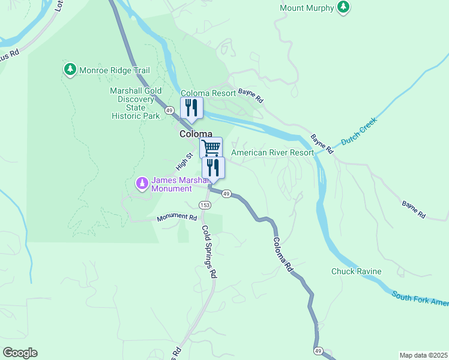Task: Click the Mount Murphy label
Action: coord(306,8)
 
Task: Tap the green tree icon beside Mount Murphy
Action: coord(343,7)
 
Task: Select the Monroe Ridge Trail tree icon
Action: coord(70,70)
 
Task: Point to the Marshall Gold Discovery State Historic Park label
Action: coord(136,103)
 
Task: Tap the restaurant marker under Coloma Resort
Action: coord(192,108)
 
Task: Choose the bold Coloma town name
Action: coord(196,134)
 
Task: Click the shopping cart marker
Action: coord(211,147)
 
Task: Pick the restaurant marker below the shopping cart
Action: coord(214,167)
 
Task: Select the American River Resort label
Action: coord(272,152)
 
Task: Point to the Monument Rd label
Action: coord(177,218)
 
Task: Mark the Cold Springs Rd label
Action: coord(209,251)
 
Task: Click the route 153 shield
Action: coord(205,205)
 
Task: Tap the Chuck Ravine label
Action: coord(356,271)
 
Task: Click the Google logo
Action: coord(20,353)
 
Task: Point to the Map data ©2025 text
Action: coord(423,355)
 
